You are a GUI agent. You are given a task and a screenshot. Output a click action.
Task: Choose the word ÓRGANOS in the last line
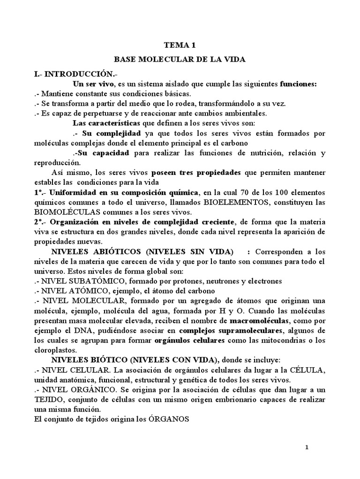pyautogui.click(x=166, y=419)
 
